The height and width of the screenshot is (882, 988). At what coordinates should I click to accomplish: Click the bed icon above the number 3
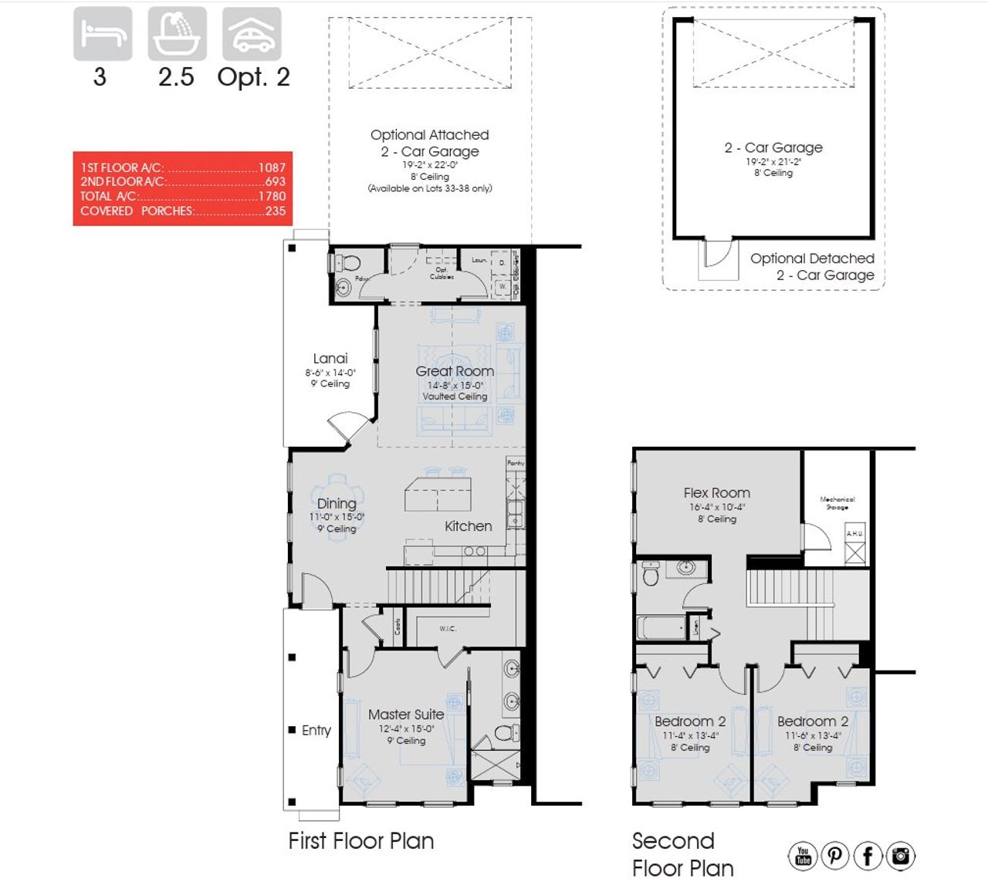(103, 34)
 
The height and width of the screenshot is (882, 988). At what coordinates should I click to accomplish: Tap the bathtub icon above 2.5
(177, 34)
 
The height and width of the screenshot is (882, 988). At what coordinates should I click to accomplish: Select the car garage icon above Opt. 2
(252, 34)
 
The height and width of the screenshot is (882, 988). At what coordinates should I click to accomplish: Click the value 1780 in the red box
(272, 196)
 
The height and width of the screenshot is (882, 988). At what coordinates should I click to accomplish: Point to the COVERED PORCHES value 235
(276, 211)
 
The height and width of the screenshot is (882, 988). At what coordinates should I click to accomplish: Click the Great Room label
(455, 371)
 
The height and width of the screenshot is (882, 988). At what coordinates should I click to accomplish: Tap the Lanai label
(330, 358)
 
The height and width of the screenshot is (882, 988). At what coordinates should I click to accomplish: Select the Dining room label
(337, 503)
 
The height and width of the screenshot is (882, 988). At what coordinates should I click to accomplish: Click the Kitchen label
(468, 526)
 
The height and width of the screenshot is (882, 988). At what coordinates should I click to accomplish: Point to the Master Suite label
(406, 715)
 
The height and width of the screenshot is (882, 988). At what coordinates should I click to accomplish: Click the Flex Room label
(716, 492)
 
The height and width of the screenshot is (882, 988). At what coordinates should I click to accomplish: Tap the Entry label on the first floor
(316, 730)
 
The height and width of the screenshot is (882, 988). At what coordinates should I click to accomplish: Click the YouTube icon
(803, 855)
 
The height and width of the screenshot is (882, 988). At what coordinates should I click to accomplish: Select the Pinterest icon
(835, 855)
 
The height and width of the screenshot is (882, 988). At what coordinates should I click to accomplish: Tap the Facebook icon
(868, 855)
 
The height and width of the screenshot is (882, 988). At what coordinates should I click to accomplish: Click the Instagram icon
(900, 855)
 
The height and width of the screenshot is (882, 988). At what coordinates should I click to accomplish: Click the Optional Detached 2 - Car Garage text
(813, 267)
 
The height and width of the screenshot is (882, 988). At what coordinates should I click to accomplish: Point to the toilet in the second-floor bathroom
(651, 573)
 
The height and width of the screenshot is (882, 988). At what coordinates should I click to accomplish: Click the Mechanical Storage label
(837, 503)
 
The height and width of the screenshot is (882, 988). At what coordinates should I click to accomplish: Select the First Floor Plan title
(361, 841)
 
